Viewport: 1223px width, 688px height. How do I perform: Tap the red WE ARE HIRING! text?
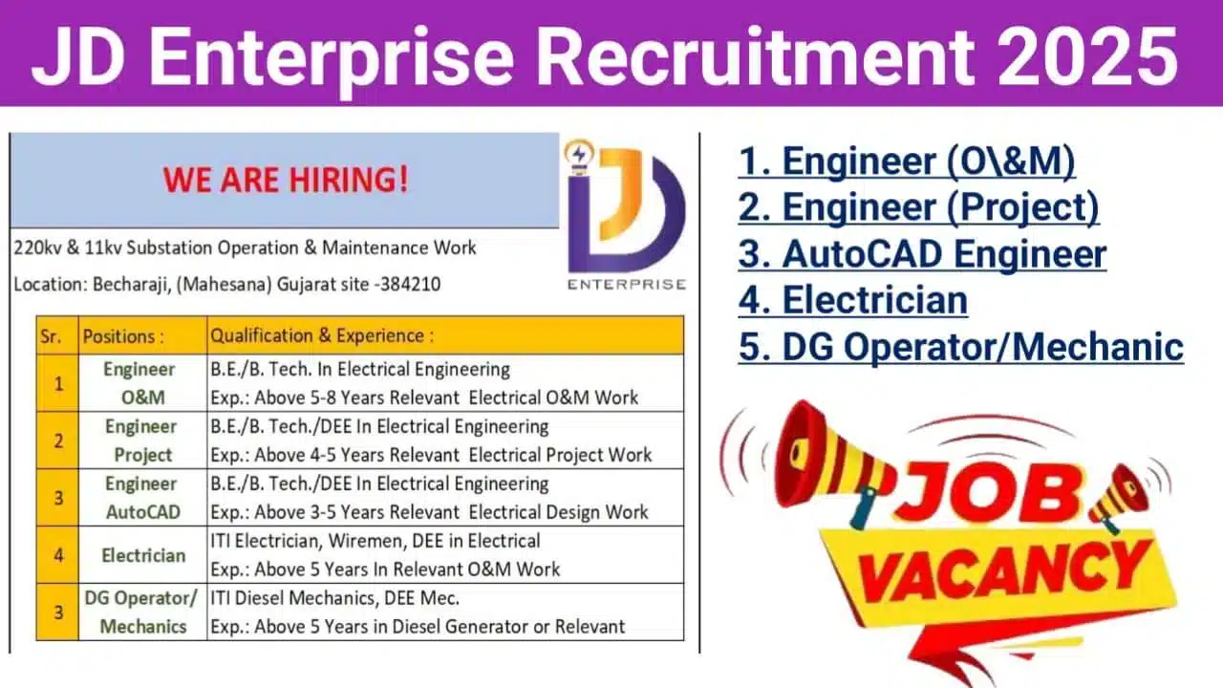[x=286, y=180]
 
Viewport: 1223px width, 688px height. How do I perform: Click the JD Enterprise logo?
[x=625, y=215]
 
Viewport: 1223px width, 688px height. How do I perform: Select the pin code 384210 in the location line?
[x=410, y=285]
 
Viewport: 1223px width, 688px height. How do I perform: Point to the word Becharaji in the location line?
[x=131, y=285]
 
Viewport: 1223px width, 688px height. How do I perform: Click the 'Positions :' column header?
[x=123, y=336]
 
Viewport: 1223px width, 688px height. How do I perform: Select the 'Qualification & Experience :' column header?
[x=322, y=335]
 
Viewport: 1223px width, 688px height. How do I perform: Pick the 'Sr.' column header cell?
[x=57, y=335]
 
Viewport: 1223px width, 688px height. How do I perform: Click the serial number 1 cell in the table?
[x=57, y=383]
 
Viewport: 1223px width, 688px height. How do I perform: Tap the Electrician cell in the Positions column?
[x=143, y=555]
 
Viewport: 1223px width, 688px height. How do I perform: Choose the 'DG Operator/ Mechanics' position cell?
[x=142, y=613]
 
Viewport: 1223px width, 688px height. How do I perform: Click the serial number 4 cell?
[x=57, y=555]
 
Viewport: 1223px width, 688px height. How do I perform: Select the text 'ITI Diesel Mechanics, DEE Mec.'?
[x=334, y=598]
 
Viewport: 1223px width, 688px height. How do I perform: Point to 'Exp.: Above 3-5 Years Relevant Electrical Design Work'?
[x=429, y=512]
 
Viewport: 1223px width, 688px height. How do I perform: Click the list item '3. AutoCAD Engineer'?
[x=922, y=254]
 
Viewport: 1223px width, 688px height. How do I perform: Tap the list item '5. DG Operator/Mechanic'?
[x=961, y=347]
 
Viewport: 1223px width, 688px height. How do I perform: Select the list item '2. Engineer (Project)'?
[x=918, y=208]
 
